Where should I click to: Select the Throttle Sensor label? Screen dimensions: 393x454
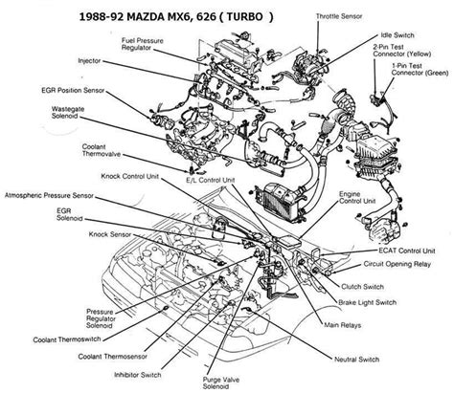342,16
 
